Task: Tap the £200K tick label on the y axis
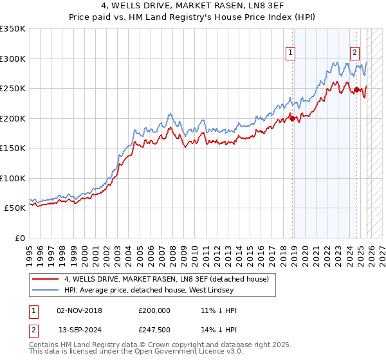pos(13,118)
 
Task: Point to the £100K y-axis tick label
pos(13,178)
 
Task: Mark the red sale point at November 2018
pos(293,118)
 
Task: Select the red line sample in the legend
pos(46,279)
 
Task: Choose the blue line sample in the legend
pos(46,290)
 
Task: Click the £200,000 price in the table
pos(154,310)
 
